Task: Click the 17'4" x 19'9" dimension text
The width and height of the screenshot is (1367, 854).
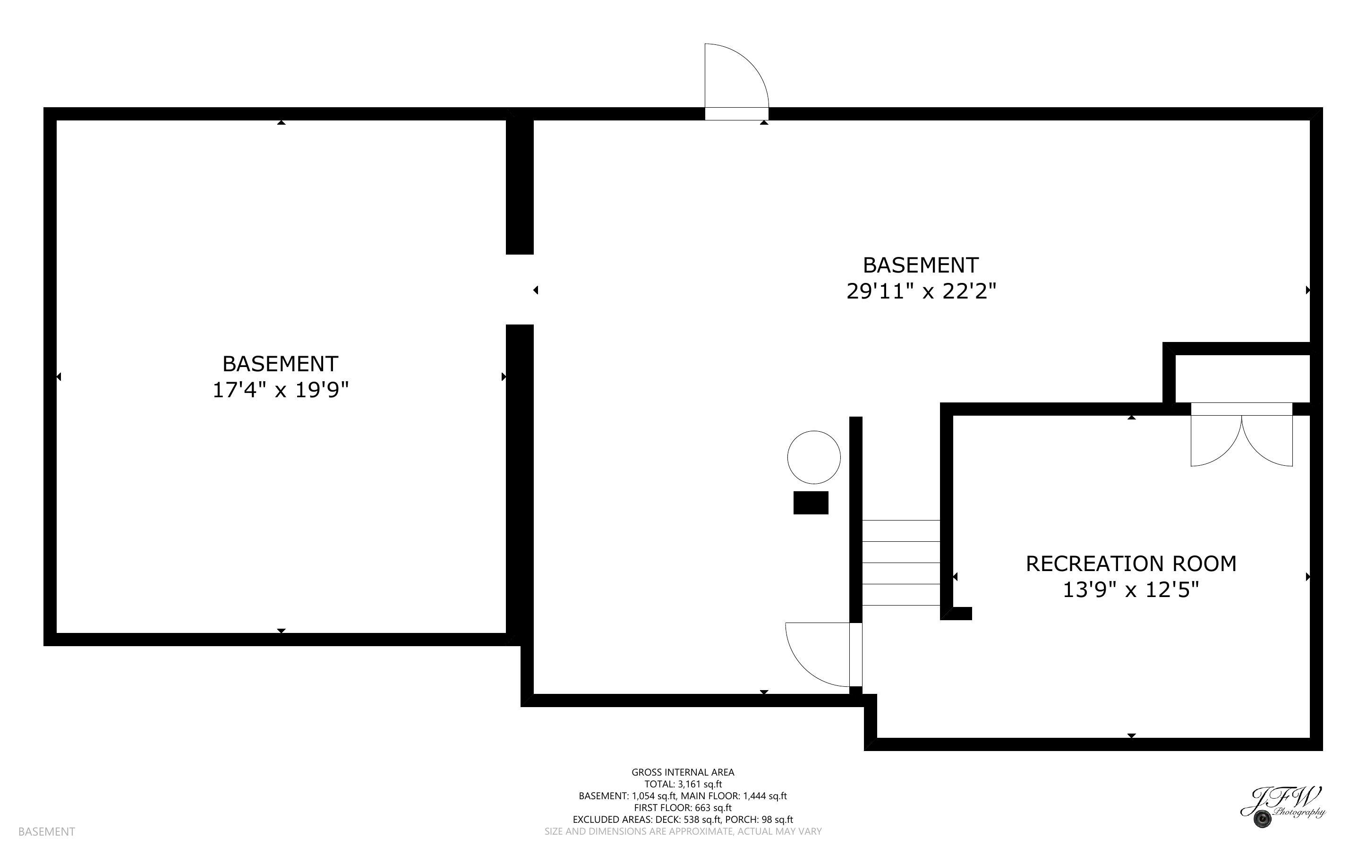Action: click(x=281, y=390)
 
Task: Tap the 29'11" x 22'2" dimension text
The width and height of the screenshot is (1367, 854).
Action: click(x=921, y=291)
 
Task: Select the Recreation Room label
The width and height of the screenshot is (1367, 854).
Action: click(x=1131, y=564)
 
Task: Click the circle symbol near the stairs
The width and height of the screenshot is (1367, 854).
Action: click(x=814, y=457)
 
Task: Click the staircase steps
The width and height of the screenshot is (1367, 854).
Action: click(x=901, y=563)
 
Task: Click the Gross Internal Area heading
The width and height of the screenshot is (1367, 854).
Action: click(x=683, y=772)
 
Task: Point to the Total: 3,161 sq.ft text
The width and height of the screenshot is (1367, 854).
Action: click(x=683, y=784)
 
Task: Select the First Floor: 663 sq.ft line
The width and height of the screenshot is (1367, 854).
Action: click(x=683, y=808)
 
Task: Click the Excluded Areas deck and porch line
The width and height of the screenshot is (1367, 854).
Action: click(x=683, y=820)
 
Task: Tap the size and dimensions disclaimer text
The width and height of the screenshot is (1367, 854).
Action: click(x=683, y=831)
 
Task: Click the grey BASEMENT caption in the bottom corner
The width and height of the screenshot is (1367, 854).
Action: click(x=46, y=831)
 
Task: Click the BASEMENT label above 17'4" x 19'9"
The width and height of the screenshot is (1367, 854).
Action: click(x=281, y=364)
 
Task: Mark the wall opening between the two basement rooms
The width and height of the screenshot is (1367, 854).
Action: click(x=520, y=290)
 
